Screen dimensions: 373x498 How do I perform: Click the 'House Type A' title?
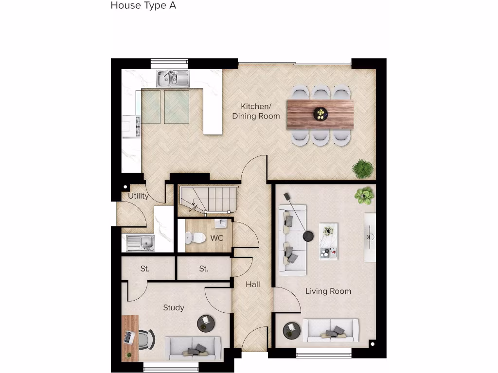[143, 6]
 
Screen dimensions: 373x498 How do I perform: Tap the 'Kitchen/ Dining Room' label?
[256, 111]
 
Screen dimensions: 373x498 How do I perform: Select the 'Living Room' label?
[328, 291]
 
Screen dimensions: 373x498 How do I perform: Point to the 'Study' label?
[174, 307]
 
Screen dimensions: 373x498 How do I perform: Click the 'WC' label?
[217, 238]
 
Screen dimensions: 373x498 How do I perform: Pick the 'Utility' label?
[138, 196]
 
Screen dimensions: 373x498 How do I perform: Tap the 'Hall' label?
[253, 284]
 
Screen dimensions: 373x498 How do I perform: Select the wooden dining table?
[320, 114]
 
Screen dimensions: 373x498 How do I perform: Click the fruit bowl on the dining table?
[320, 114]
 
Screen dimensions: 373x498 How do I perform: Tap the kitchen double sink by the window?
[173, 78]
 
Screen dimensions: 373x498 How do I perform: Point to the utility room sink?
[141, 242]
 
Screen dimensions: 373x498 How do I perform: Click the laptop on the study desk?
[129, 337]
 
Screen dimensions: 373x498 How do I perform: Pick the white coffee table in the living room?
[328, 242]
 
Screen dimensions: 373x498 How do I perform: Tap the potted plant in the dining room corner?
[363, 169]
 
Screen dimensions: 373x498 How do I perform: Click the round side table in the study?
[206, 322]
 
